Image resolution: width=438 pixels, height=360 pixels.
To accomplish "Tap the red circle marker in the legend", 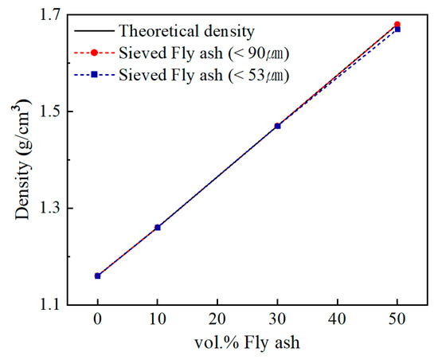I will [94, 53].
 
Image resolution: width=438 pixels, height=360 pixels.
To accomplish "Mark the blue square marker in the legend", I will [94, 75].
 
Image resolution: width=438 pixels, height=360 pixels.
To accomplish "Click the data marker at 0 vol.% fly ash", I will [98, 276].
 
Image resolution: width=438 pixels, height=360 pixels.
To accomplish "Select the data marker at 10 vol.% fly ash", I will [158, 227].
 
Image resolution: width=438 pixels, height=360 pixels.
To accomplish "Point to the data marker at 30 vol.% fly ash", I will [277, 126].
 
